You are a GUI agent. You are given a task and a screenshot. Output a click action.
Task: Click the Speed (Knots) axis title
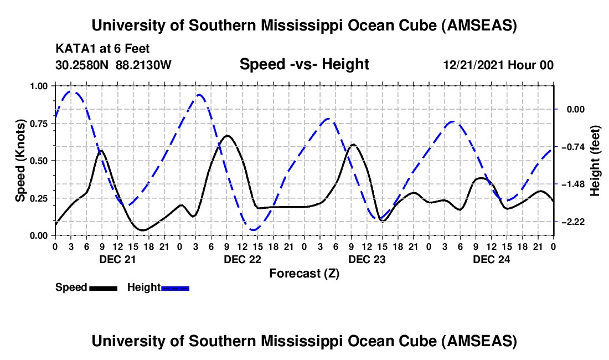coord(20,161)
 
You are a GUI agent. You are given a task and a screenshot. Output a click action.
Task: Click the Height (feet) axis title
coord(595,161)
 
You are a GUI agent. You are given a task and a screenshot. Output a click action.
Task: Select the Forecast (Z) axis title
coord(304,273)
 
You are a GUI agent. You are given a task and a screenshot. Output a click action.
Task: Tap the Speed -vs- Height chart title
coord(304,64)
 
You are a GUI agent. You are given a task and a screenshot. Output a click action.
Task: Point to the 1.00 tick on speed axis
coord(40,86)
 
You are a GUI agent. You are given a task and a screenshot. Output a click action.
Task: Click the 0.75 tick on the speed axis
coord(40,124)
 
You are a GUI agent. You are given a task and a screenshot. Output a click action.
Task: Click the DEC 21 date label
coord(117,259)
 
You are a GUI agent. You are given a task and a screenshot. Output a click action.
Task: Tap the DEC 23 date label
coord(367,259)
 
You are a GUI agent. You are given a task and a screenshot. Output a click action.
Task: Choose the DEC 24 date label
coord(491,259)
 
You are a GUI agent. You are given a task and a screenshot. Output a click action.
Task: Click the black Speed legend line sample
coord(103,287)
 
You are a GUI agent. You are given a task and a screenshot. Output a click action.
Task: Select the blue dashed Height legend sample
coord(175,287)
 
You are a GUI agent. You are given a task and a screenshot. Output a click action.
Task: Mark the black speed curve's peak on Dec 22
coord(227,135)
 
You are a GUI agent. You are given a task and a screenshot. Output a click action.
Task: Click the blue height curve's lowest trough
coord(253,229)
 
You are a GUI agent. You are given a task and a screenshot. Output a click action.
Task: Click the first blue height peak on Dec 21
coord(71,91)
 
